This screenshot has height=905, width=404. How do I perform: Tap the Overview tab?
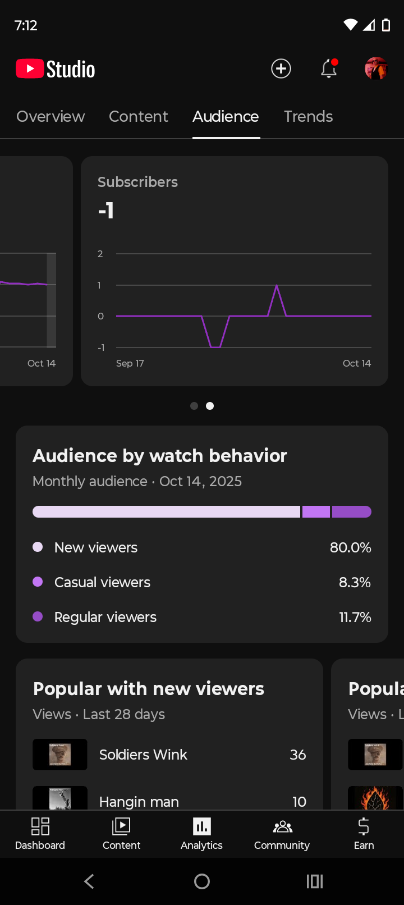(50, 117)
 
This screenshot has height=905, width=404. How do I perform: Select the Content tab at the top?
(138, 117)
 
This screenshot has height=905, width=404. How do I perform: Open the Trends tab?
(308, 117)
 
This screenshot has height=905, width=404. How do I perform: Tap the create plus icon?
(281, 68)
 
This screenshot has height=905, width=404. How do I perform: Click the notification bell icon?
(329, 69)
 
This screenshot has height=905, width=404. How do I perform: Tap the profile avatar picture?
(376, 68)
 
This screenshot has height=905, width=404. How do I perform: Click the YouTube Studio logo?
(56, 69)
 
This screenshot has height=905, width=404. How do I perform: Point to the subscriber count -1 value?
(106, 211)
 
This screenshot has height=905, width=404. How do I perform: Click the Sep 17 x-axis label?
(130, 363)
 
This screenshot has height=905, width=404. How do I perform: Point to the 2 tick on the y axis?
(100, 254)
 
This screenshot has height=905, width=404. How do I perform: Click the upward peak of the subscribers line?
(277, 286)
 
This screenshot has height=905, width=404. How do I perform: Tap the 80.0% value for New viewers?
(350, 547)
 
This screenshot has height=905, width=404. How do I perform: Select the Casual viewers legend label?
(102, 582)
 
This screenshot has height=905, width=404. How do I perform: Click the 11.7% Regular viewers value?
(355, 617)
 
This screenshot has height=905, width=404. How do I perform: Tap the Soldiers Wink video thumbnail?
(60, 755)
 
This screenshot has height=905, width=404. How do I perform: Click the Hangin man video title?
(139, 801)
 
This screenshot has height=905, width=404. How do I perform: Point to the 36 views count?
(297, 755)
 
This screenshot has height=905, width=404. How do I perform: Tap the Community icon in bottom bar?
(282, 827)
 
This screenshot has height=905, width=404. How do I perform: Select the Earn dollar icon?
(364, 826)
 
